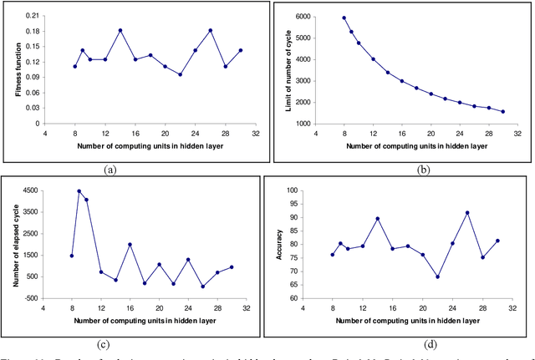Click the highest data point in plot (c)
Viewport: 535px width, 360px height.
(x=79, y=191)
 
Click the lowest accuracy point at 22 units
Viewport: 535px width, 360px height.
(x=437, y=276)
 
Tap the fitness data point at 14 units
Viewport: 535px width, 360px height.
(x=120, y=31)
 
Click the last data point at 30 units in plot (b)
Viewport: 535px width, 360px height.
(x=503, y=111)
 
